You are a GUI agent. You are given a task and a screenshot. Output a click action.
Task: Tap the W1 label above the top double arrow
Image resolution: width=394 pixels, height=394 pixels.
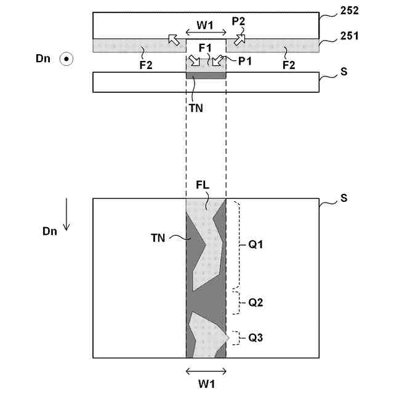(206, 26)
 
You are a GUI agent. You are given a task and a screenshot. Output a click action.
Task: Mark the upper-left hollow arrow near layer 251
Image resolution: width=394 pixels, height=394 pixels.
(175, 41)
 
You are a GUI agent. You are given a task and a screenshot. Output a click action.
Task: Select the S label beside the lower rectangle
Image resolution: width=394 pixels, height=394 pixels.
(344, 198)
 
